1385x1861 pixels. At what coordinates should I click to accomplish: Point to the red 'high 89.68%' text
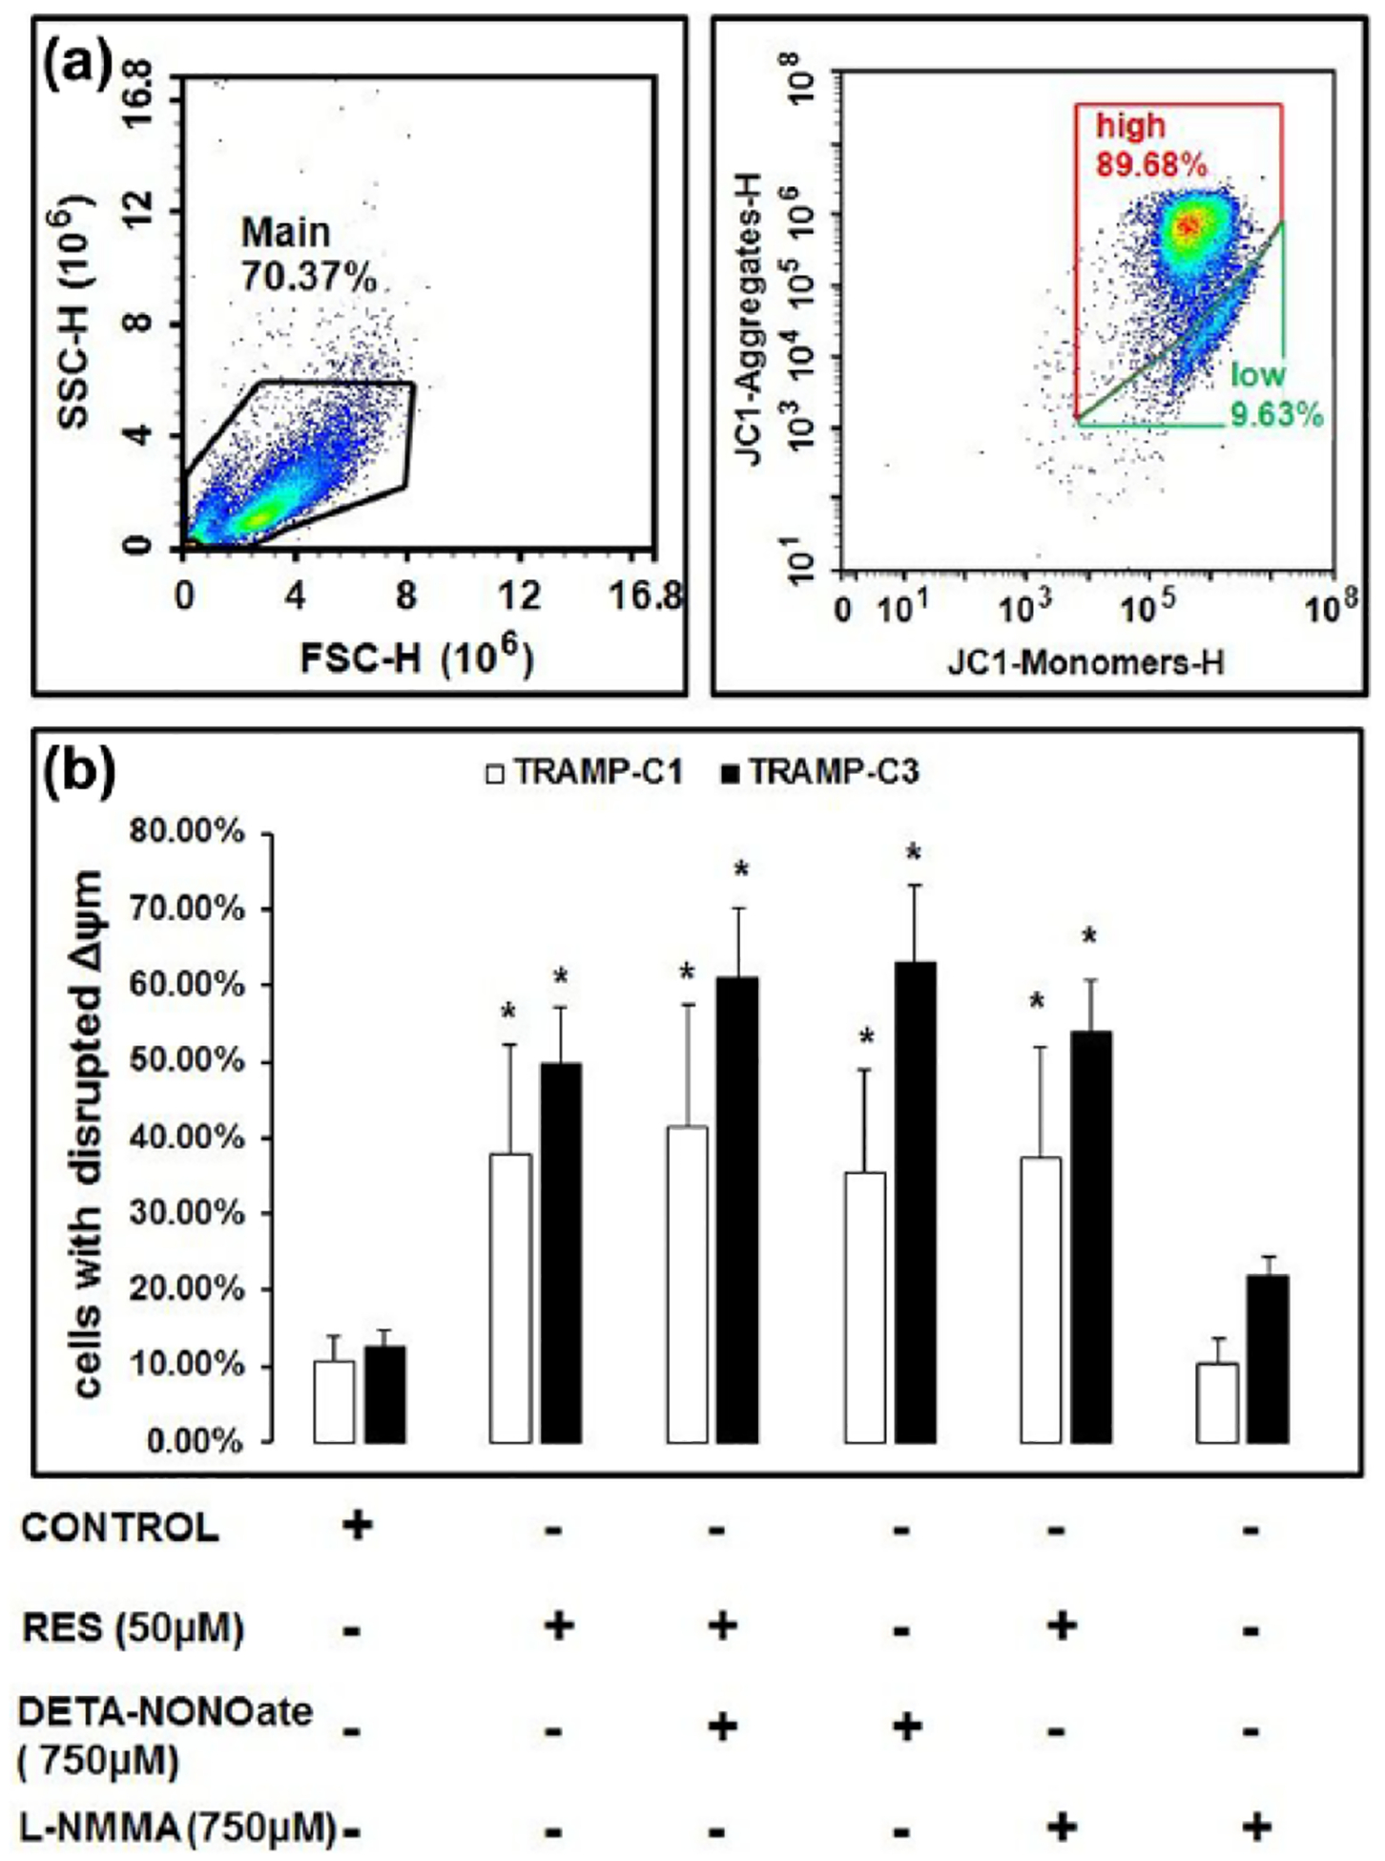click(x=1150, y=145)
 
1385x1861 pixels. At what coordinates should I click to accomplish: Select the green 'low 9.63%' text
click(x=1275, y=394)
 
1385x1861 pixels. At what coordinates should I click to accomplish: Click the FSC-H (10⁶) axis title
click(x=417, y=657)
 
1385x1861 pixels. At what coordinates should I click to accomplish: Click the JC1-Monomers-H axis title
click(x=1085, y=661)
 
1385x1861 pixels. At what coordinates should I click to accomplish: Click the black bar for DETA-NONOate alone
click(x=915, y=1202)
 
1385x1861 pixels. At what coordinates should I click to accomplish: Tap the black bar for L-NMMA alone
click(x=1269, y=1359)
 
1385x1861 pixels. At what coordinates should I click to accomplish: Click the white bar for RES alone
click(x=510, y=1298)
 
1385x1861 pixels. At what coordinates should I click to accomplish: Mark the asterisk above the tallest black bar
click(x=914, y=852)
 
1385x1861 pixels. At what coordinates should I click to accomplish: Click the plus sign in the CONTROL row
click(x=358, y=1525)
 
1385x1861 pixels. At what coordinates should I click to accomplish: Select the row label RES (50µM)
click(x=133, y=1627)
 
